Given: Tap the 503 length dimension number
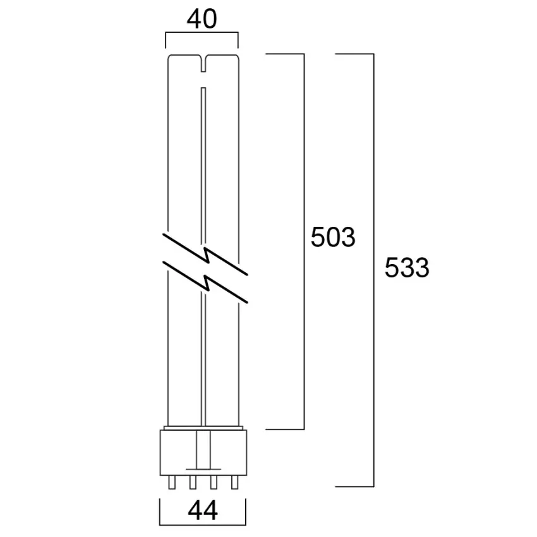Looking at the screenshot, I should [x=333, y=238].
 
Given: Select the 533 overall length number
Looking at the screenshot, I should [x=407, y=268].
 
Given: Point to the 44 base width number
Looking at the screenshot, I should [x=202, y=510].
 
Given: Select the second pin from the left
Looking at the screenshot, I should [x=191, y=483].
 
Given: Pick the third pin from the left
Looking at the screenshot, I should [x=214, y=483].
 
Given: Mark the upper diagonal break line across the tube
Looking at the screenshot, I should [x=205, y=253].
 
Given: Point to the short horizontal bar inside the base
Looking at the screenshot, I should [x=202, y=468].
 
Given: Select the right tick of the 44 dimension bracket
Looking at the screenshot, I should [x=245, y=511].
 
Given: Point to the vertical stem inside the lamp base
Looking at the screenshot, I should [x=202, y=449].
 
